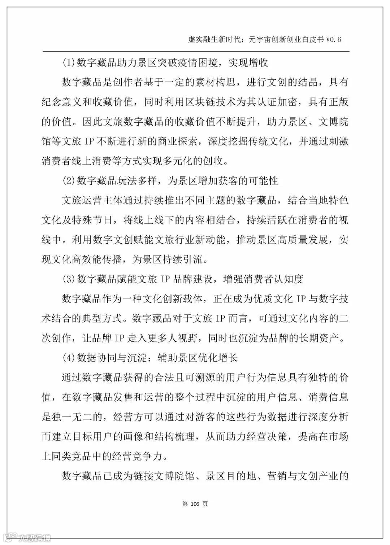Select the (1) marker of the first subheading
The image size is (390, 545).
[68, 63]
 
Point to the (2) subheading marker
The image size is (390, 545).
[68, 180]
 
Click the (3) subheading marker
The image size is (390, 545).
[68, 279]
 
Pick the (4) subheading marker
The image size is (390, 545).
[68, 358]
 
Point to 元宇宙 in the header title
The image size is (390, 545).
[260, 39]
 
